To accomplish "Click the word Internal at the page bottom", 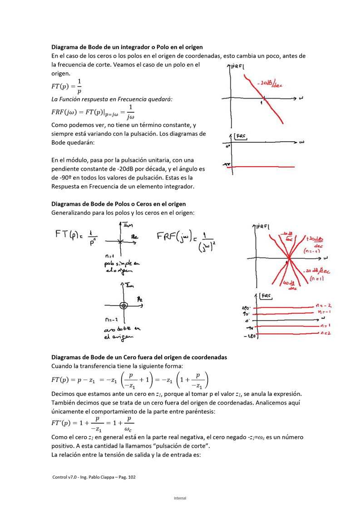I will [180, 498].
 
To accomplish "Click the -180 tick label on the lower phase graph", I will [249, 337].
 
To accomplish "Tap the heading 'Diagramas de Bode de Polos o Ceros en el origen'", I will [118, 204].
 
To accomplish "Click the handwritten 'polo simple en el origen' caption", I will [122, 267].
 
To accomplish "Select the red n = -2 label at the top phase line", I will [324, 305].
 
